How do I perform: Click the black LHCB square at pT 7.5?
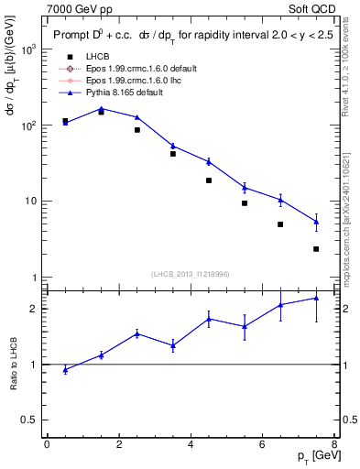pos(316,249)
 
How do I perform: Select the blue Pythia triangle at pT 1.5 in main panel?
pos(101,108)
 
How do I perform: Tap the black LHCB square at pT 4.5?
pos(209,180)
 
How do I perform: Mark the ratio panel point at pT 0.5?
pos(65,369)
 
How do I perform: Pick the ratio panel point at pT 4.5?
pos(209,319)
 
